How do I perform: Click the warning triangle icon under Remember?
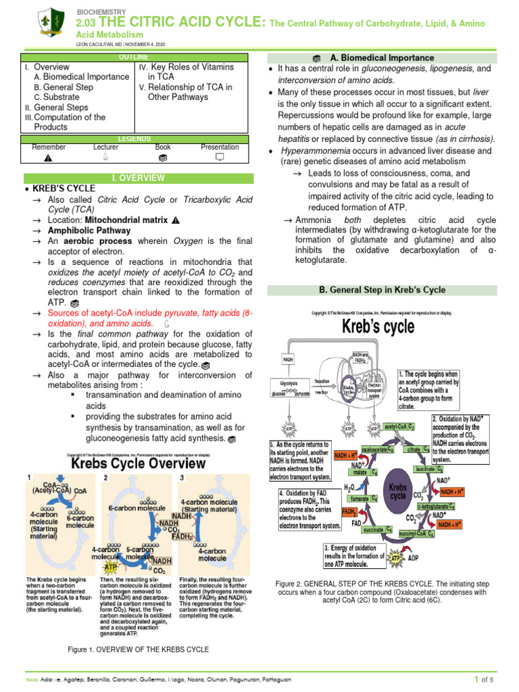(47, 158)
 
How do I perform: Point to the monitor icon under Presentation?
(219, 158)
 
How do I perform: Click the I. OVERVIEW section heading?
(138, 178)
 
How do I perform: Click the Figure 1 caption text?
(139, 649)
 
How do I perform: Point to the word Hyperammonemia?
(313, 151)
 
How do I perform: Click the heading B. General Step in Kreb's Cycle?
(382, 290)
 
